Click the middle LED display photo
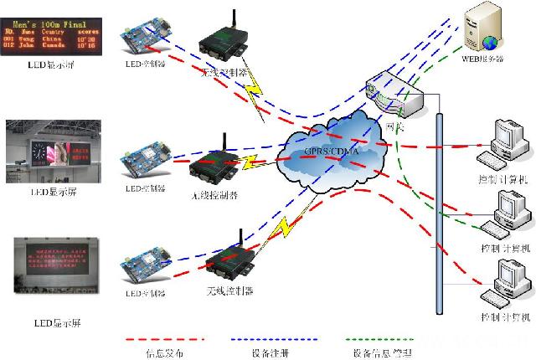[52, 151]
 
